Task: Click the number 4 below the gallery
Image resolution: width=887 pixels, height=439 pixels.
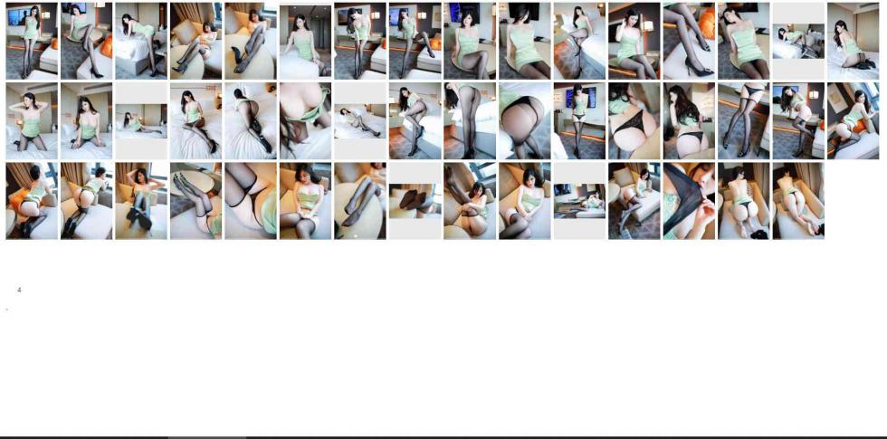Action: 19,290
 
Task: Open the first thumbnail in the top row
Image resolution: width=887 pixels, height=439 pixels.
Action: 32,41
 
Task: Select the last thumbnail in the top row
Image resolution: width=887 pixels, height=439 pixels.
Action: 853,41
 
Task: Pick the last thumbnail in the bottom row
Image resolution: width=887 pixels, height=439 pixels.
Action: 798,201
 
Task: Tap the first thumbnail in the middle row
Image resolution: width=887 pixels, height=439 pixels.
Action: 32,121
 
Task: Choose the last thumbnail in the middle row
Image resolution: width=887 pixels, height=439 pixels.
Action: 853,121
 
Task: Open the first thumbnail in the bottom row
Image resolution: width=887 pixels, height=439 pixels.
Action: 32,201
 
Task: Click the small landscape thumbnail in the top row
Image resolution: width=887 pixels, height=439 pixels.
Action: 798,42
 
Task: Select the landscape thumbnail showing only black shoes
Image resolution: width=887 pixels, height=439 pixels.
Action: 415,201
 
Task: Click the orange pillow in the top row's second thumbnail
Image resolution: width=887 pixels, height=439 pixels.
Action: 107,46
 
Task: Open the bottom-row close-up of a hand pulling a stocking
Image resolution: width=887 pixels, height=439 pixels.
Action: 689,201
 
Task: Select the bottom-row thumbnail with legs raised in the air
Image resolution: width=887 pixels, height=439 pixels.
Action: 196,201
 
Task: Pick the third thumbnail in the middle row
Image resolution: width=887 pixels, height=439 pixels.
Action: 141,121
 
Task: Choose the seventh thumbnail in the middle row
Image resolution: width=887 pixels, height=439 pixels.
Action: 360,121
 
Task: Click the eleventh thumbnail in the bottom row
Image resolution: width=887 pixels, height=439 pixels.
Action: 579,201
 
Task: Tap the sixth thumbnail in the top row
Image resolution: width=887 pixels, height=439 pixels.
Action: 305,41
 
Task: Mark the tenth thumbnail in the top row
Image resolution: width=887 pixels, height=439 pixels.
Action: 524,41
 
